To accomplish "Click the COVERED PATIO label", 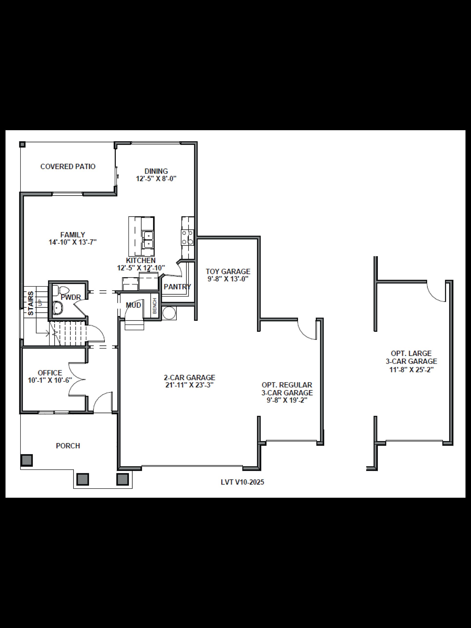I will [68, 167].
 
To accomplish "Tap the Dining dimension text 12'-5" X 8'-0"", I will [156, 179].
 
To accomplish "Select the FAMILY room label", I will [73, 235].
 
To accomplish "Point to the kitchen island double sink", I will [148, 240].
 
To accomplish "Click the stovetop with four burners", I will [188, 237].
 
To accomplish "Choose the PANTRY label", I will [177, 287].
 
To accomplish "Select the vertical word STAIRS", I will [31, 303].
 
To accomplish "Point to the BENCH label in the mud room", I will [155, 306].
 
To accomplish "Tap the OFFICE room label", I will [50, 373].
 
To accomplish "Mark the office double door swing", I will [76, 379].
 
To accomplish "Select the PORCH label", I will [68, 446].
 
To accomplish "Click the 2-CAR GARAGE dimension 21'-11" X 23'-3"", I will [189, 385].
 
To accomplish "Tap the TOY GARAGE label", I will [228, 271].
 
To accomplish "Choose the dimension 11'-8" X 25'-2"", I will [411, 370].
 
